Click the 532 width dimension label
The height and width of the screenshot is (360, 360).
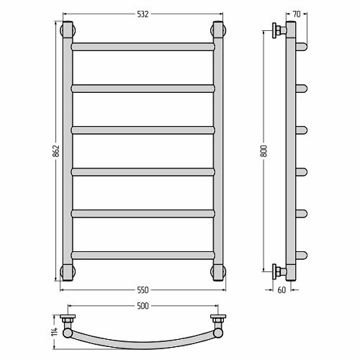click(143, 14)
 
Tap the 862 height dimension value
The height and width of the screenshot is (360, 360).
click(56, 151)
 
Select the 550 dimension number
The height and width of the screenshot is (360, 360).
click(143, 290)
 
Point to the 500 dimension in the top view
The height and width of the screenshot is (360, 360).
click(143, 306)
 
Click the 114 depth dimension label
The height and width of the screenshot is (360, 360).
click(55, 331)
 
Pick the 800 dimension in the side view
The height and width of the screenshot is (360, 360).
click(264, 151)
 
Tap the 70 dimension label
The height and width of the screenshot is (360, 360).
click(297, 14)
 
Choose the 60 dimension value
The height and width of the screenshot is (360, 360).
click(282, 290)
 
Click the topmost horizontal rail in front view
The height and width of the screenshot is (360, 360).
click(143, 47)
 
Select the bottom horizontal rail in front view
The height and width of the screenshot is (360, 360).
click(143, 256)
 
